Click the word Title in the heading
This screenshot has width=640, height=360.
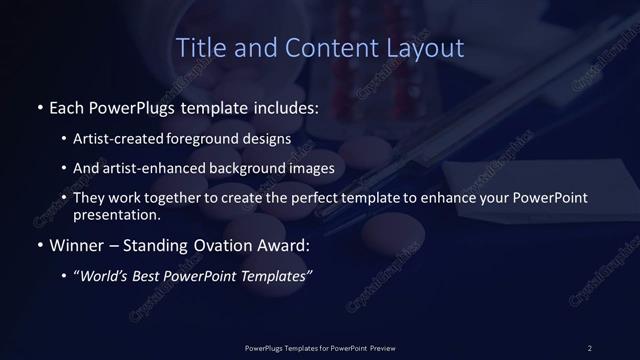[199, 47]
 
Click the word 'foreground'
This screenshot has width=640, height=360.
[216, 139]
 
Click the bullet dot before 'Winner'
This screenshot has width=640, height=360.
[39, 244]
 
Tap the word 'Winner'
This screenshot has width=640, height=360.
[76, 244]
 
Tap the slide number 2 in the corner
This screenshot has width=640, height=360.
[589, 347]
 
